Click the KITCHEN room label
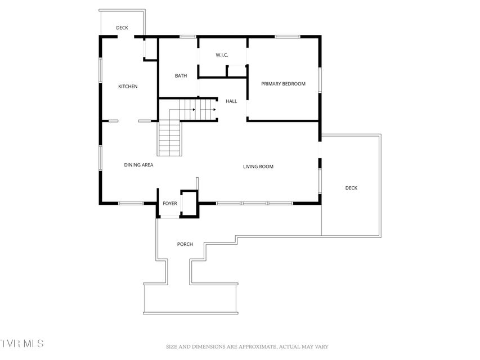(x=128, y=87)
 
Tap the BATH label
(x=181, y=76)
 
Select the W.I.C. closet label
(x=222, y=55)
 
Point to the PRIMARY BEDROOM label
(x=283, y=84)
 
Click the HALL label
(x=231, y=101)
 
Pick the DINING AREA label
(x=138, y=165)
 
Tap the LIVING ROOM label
(x=258, y=167)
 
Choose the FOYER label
(x=170, y=204)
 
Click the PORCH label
(x=185, y=244)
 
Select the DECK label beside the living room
(x=351, y=188)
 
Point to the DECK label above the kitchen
(x=122, y=28)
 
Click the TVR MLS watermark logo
(x=22, y=343)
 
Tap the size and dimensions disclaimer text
(x=247, y=347)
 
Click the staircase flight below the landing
(x=170, y=139)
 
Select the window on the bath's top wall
(x=187, y=37)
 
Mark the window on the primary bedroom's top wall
(x=287, y=37)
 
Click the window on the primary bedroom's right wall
(x=320, y=80)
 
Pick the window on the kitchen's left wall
(x=100, y=70)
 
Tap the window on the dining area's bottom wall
(x=131, y=203)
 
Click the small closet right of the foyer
(x=190, y=204)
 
